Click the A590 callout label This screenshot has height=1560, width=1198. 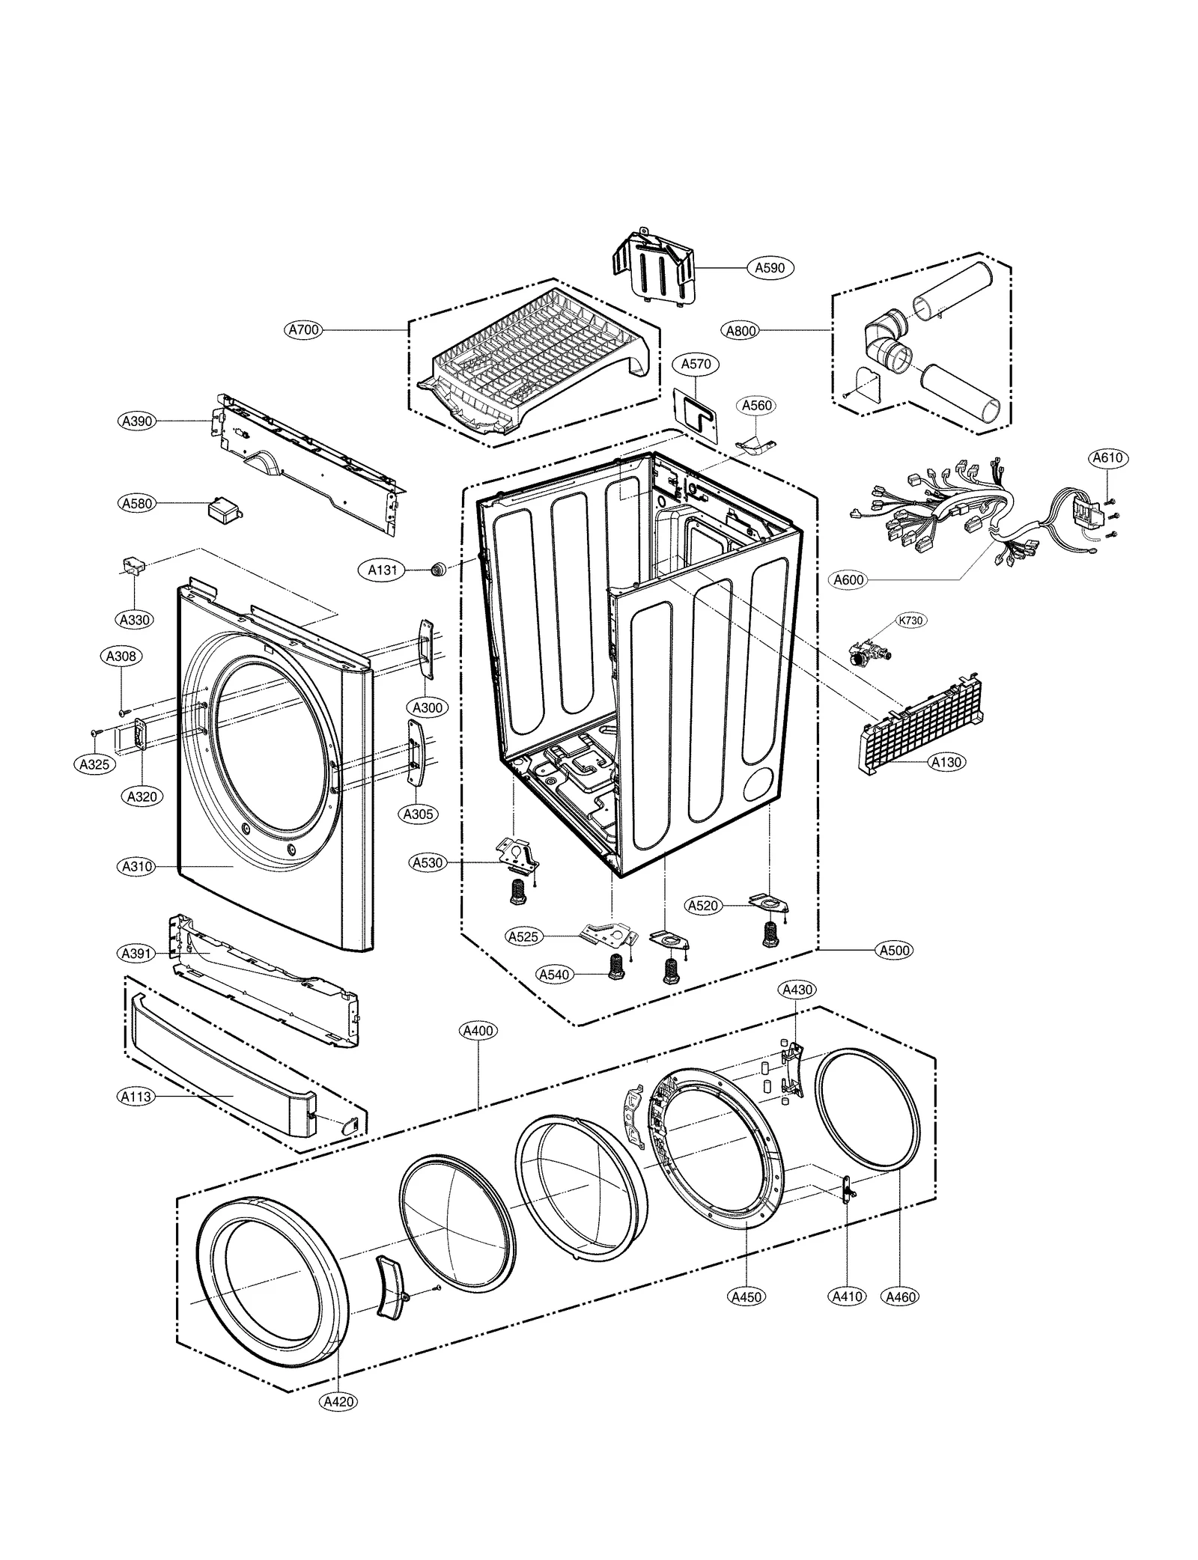click(769, 267)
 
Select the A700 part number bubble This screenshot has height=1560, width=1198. click(304, 329)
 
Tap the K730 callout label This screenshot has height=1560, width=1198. click(910, 621)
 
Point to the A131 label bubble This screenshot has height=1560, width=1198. click(383, 570)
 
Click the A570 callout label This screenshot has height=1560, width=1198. click(696, 365)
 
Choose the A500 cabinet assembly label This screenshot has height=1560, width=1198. click(894, 950)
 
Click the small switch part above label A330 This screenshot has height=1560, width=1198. click(133, 564)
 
